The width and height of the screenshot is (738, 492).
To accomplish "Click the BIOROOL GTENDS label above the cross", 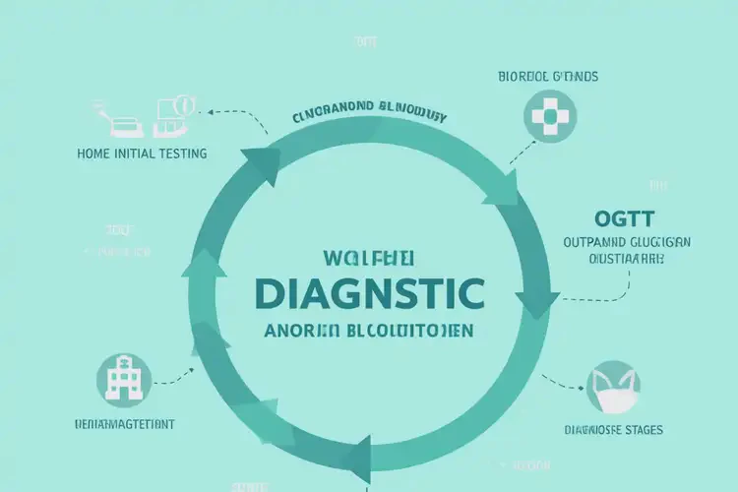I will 548,76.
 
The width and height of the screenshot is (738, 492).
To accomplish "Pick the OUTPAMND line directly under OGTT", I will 626,241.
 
